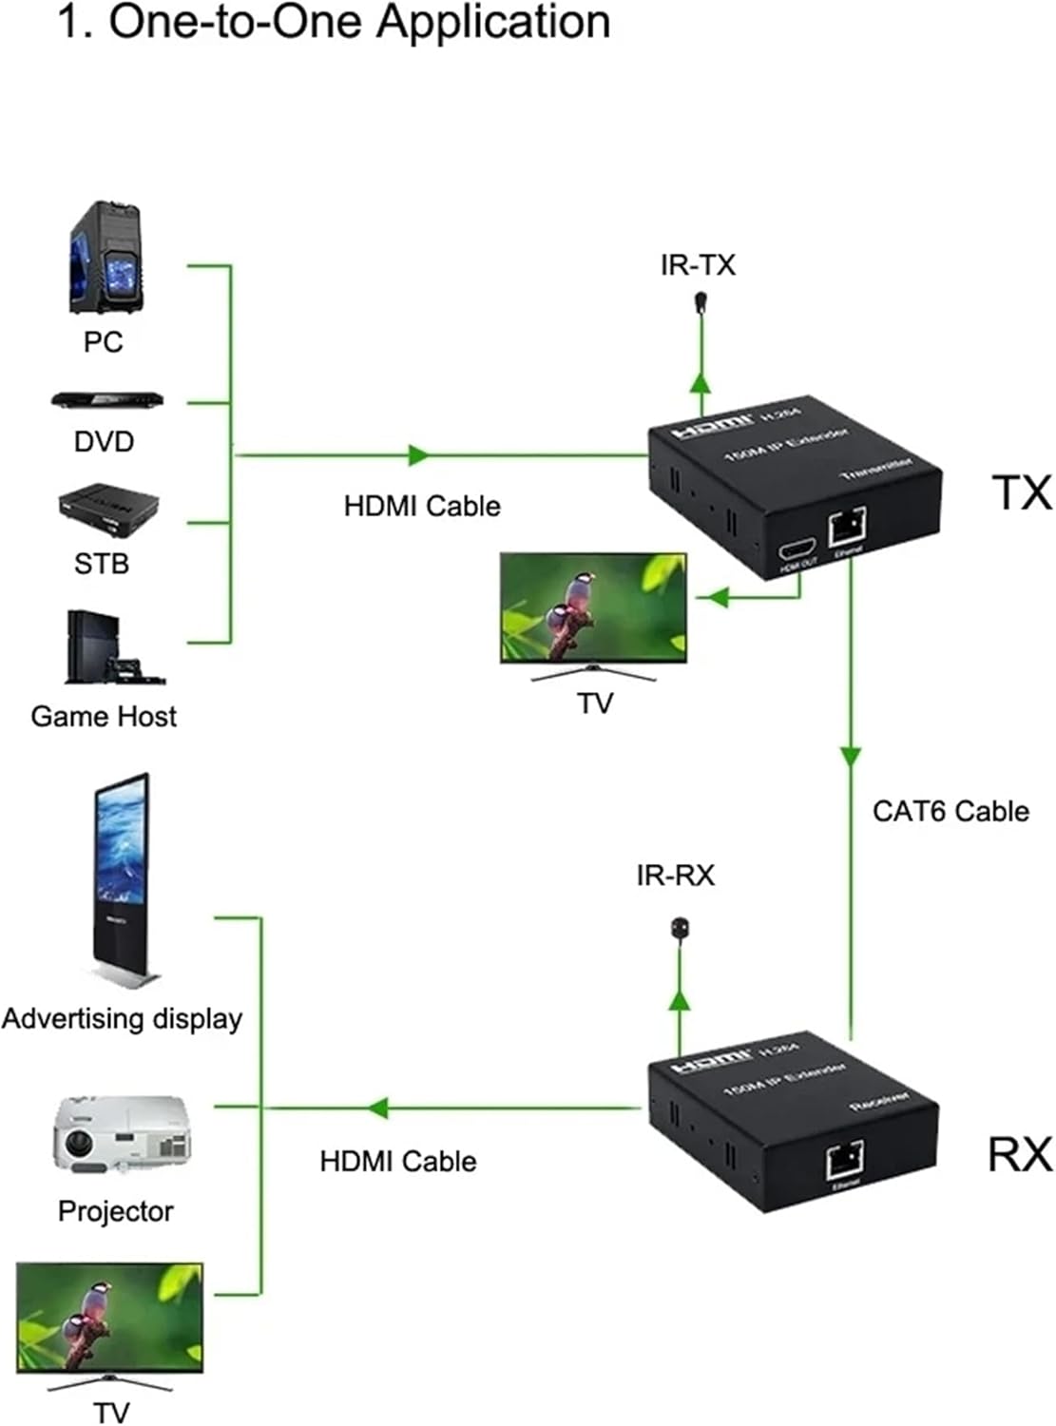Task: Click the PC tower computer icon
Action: tap(106, 258)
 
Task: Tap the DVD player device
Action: tap(106, 400)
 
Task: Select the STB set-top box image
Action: tap(107, 505)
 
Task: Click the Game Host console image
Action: tap(108, 648)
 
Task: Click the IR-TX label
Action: tap(698, 264)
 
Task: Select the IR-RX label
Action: tap(675, 875)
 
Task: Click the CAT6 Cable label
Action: tap(950, 811)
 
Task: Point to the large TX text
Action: tap(1022, 492)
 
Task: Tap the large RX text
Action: tap(1020, 1154)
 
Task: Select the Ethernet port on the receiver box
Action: tap(845, 1160)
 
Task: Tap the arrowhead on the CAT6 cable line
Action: tap(851, 756)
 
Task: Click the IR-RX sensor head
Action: tap(680, 928)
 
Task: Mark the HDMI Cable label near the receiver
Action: tap(397, 1161)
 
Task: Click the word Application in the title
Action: tap(491, 23)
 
